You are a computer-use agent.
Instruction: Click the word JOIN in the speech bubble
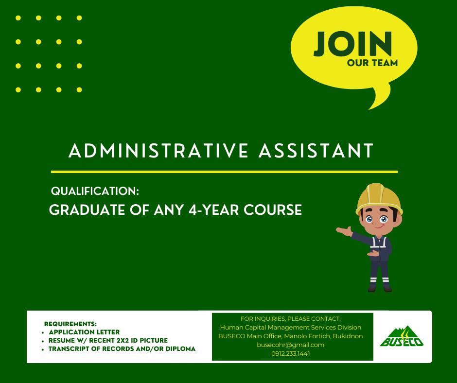pos(352,44)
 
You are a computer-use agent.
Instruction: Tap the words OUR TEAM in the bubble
pos(372,63)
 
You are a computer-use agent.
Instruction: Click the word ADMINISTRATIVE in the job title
pos(158,151)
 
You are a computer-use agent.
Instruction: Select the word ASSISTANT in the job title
pos(316,151)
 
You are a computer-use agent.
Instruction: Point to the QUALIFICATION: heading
pos(95,191)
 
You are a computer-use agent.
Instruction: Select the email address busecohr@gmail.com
pos(290,345)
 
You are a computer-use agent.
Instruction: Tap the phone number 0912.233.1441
pos(290,353)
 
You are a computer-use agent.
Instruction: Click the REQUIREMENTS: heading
pos(70,324)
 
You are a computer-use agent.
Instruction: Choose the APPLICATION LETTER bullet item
pos(84,332)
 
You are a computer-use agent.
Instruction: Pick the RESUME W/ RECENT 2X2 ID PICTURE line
pos(108,340)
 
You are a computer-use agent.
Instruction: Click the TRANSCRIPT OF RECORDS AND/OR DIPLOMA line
pos(122,349)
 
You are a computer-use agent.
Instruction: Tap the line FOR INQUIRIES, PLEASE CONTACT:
pos(291,318)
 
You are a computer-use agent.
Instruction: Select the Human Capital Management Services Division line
pos(291,327)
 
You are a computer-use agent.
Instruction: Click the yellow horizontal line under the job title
pos(225,172)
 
